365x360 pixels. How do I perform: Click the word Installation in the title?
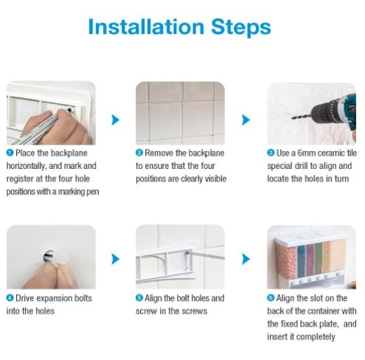click(146, 27)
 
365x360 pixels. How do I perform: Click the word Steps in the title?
click(241, 27)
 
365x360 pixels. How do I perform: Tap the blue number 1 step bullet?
click(10, 153)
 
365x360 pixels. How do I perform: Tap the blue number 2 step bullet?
click(139, 153)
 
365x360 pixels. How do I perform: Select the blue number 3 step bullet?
click(271, 153)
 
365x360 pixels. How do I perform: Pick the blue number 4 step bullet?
click(10, 298)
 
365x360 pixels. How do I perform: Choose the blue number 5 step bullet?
click(139, 298)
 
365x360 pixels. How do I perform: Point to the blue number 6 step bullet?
click(271, 298)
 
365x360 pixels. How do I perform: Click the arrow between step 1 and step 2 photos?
click(115, 120)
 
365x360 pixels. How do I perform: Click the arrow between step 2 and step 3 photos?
click(246, 120)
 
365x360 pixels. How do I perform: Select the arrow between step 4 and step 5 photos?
click(115, 259)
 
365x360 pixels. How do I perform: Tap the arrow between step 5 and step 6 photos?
click(246, 259)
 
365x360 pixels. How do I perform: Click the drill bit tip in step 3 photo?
click(292, 118)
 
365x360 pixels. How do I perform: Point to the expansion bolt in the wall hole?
click(50, 256)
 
